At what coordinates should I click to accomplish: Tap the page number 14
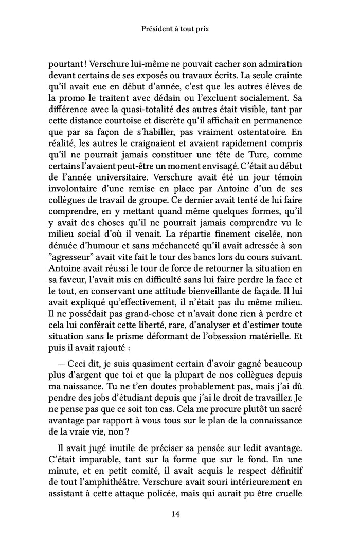point(179,513)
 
